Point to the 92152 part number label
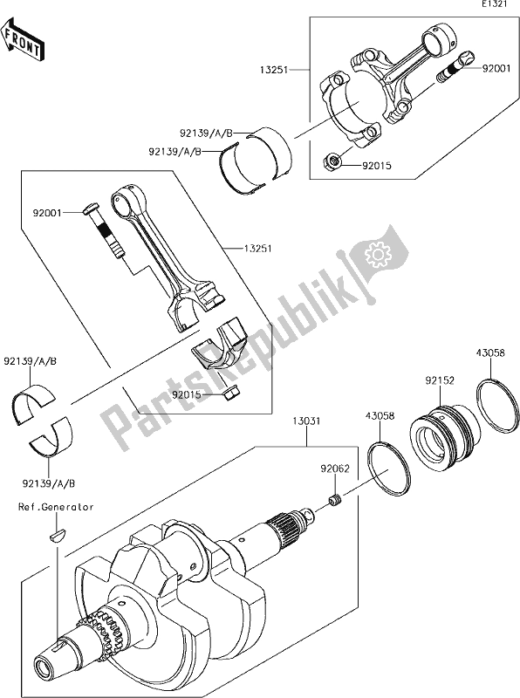click(441, 380)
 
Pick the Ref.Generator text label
click(54, 507)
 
